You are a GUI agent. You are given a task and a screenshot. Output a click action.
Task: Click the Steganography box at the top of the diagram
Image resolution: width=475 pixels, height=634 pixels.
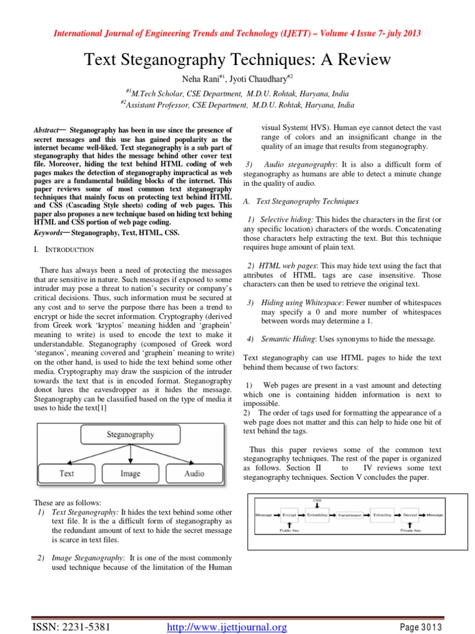point(130,435)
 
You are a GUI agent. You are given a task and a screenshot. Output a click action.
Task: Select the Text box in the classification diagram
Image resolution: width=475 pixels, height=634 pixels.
point(67,474)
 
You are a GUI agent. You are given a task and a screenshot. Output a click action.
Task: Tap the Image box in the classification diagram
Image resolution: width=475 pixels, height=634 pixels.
point(130,474)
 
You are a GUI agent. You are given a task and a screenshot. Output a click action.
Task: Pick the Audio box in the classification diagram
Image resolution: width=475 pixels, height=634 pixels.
point(194,474)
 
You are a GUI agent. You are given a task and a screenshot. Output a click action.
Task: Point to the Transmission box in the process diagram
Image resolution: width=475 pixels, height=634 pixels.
point(349,515)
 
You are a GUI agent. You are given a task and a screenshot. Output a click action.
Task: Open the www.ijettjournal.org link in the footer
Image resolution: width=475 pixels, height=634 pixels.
point(228,628)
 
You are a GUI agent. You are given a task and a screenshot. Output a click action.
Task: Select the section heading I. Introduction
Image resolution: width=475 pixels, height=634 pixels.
point(64,250)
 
